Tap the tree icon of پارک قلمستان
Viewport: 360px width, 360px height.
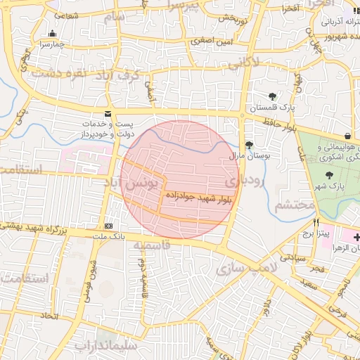pyautogui.click(x=272, y=96)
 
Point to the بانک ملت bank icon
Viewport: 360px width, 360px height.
pyautogui.click(x=108, y=226)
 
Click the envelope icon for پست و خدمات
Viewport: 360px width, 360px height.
pyautogui.click(x=108, y=113)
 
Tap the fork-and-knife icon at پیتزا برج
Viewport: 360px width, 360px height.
pyautogui.click(x=316, y=221)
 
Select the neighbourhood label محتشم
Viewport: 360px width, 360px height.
pyautogui.click(x=294, y=205)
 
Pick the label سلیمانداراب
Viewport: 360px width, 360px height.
pyautogui.click(x=109, y=346)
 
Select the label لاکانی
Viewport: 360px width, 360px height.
pyautogui.click(x=244, y=63)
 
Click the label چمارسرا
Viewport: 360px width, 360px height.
pyautogui.click(x=52, y=44)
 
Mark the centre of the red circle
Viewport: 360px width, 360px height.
pyautogui.click(x=180, y=179)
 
